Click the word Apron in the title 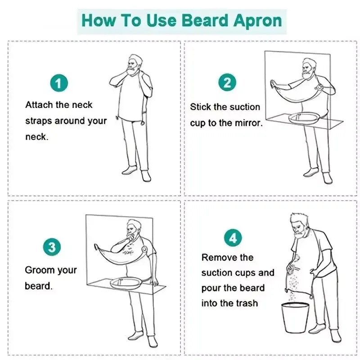[257, 21]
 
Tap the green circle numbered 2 [227, 83]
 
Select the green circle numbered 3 [52, 247]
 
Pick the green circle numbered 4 [233, 237]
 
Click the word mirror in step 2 [247, 123]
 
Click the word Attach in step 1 [39, 105]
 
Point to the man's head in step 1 [133, 62]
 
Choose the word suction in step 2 [244, 107]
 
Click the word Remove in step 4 [219, 257]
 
